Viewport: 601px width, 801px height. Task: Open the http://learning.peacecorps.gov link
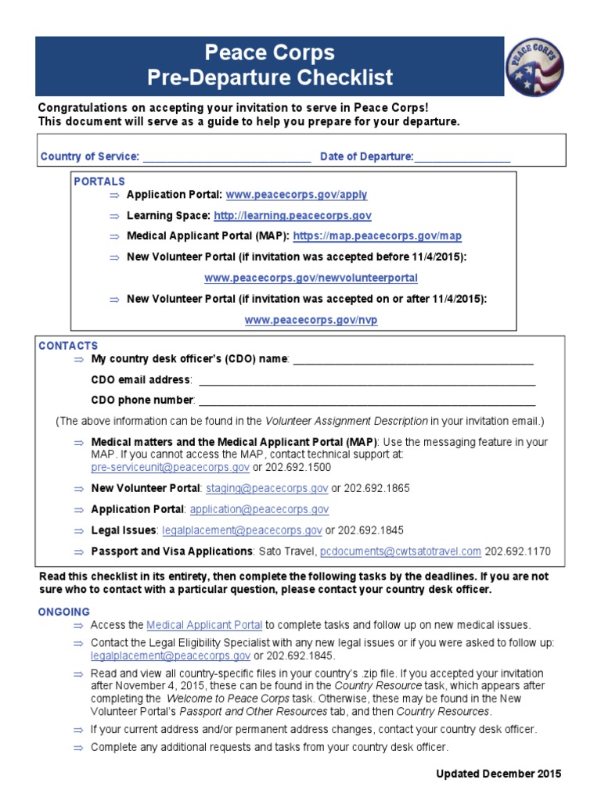292,215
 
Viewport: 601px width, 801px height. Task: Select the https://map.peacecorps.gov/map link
377,235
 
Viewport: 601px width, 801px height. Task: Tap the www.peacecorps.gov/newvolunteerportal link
311,278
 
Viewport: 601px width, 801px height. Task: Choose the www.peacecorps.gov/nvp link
311,320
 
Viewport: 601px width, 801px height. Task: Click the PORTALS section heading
99,181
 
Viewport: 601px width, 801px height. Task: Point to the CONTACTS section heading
68,345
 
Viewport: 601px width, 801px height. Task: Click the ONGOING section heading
64,612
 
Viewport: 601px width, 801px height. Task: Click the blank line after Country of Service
227,157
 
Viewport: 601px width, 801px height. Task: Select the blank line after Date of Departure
462,157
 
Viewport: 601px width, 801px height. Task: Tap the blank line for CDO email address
367,380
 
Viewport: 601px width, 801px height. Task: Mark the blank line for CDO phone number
367,401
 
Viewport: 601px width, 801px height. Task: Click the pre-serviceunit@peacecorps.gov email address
171,467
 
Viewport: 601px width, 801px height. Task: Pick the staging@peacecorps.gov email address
267,488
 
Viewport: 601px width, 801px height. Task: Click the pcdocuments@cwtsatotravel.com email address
401,551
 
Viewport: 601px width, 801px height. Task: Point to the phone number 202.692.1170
517,551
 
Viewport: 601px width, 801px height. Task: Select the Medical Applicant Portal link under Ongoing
204,625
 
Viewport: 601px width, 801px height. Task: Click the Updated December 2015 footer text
498,774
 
